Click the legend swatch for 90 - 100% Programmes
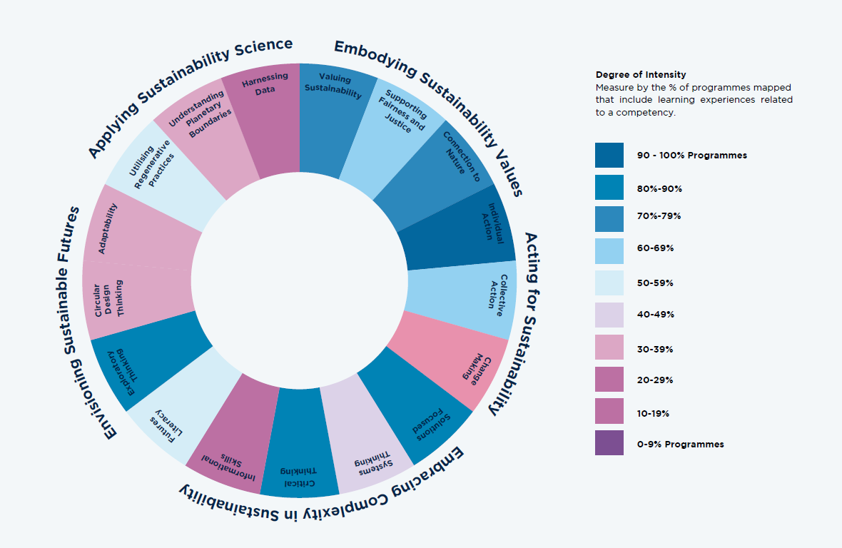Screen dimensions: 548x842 609,156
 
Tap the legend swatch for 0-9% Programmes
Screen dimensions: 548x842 609,443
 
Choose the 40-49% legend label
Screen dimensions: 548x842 655,315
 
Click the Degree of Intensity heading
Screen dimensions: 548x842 641,74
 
